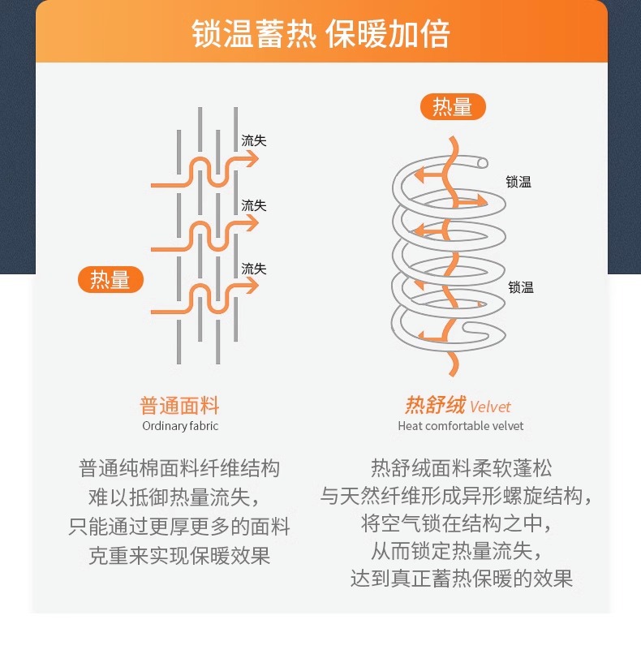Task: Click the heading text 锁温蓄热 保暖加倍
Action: tap(320, 35)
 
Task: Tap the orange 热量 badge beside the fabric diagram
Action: tap(110, 279)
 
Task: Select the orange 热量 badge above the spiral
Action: tap(452, 106)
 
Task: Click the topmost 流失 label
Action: tap(254, 140)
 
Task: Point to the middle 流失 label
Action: tap(254, 205)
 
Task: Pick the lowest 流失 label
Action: tap(254, 269)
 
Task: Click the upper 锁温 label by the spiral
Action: tap(518, 183)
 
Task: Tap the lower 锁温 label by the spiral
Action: tap(521, 286)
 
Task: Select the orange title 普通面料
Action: tap(180, 406)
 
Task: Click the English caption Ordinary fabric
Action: tap(180, 426)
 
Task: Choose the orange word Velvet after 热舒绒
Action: tap(490, 407)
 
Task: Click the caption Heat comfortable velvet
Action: tap(461, 426)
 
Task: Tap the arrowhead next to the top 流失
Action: tap(252, 159)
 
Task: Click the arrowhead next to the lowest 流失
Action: tap(252, 286)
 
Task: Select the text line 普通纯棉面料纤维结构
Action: tap(179, 468)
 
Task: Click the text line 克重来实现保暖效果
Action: tap(179, 556)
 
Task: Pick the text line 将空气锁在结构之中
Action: tap(456, 522)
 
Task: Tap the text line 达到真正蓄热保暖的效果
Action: tap(462, 579)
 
